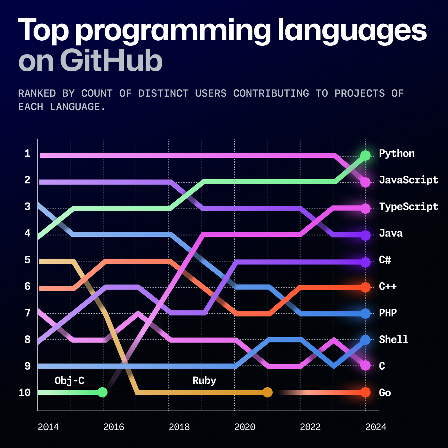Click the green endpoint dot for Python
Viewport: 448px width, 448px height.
point(365,156)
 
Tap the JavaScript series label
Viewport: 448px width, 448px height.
point(408,180)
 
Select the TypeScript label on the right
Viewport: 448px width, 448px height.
point(408,207)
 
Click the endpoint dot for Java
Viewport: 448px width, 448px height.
point(365,236)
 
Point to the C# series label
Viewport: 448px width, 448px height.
point(385,260)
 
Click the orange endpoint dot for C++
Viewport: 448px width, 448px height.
point(365,287)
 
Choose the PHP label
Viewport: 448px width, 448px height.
point(388,313)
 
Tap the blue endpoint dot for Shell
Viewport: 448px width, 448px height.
point(365,340)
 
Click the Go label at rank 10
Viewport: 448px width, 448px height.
point(385,393)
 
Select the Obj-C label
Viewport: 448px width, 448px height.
point(69,381)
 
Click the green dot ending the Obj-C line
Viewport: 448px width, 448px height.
point(102,392)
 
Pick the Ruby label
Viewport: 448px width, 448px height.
point(204,381)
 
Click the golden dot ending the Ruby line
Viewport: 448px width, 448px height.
point(268,392)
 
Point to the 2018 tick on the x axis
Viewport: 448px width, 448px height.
point(179,427)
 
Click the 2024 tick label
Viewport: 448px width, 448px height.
point(376,427)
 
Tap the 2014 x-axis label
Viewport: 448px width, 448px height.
point(48,427)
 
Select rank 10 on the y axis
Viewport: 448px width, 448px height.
point(25,393)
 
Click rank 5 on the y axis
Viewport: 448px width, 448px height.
point(28,260)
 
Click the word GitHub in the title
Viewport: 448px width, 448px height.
point(111,61)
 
